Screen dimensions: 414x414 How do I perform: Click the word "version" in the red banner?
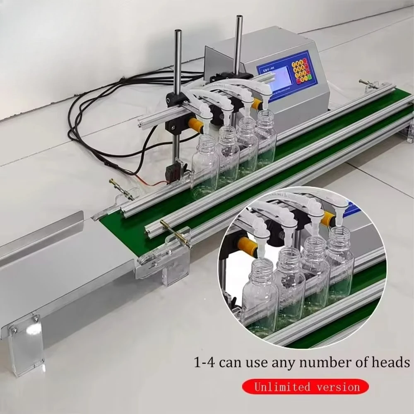(x=336, y=387)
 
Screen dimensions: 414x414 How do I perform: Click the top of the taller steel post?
(x=239, y=19)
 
